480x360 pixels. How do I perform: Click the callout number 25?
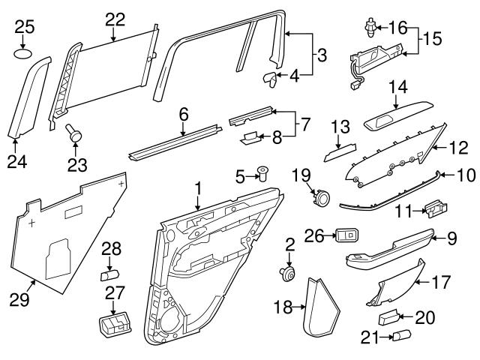[25, 27]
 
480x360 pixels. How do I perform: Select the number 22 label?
[115, 18]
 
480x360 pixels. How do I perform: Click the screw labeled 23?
[73, 133]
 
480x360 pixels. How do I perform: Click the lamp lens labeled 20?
[388, 317]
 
